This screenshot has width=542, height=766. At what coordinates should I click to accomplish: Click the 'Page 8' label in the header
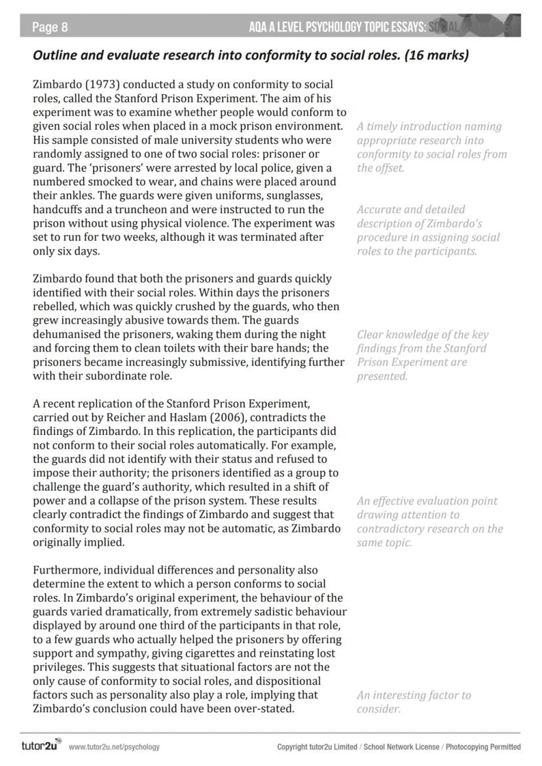pos(50,27)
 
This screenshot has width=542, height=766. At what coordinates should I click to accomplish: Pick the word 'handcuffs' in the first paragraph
pos(58,209)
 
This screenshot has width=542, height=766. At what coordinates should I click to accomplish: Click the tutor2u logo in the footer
pos(41,746)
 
